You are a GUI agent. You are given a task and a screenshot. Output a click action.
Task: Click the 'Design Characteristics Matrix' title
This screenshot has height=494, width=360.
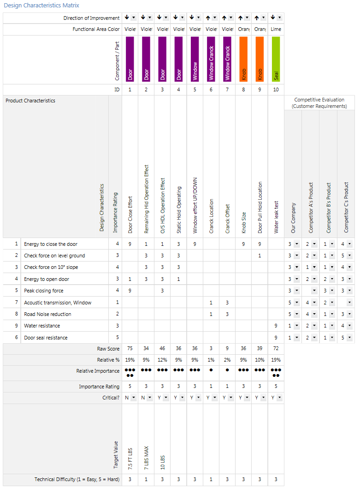point(41,6)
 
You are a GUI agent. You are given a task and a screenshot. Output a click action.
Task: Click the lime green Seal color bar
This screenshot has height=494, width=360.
point(276,59)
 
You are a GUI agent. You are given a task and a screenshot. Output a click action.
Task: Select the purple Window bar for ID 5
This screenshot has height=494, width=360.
point(195,59)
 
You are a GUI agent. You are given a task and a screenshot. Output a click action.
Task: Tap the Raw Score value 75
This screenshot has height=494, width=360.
point(130,348)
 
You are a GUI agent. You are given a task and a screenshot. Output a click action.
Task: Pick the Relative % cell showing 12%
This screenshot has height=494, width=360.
point(162,360)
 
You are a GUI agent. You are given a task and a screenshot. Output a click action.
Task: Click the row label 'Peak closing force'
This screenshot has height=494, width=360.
point(44,291)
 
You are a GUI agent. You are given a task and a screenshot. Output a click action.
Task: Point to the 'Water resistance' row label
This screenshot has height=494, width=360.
point(42,326)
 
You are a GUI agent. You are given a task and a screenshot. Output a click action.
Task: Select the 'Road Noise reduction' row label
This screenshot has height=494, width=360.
point(47,314)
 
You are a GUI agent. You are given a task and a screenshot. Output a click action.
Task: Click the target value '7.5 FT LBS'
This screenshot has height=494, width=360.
point(130,459)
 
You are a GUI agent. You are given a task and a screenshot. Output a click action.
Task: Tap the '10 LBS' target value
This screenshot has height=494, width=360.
point(163,463)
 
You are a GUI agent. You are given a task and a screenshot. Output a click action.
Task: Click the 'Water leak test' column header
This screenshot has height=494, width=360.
point(276,217)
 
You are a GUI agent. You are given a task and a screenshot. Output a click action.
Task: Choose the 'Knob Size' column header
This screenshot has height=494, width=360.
point(244,223)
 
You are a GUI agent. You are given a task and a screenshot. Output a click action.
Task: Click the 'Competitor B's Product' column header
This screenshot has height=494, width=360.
point(329,208)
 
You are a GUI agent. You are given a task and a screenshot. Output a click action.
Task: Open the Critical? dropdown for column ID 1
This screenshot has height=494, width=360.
point(134,398)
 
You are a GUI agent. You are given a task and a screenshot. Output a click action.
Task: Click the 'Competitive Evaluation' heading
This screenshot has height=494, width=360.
point(319,100)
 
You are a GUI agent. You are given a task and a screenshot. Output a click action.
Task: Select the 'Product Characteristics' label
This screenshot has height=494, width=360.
point(30,101)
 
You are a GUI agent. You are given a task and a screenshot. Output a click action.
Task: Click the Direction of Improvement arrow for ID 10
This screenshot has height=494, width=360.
point(273,18)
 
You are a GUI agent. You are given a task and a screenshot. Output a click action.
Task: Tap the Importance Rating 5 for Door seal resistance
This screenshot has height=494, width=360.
point(118,338)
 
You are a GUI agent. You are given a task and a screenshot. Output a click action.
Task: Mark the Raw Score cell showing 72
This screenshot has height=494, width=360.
point(276,348)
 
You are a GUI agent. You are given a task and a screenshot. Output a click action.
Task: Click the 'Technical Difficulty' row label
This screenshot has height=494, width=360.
point(77,479)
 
